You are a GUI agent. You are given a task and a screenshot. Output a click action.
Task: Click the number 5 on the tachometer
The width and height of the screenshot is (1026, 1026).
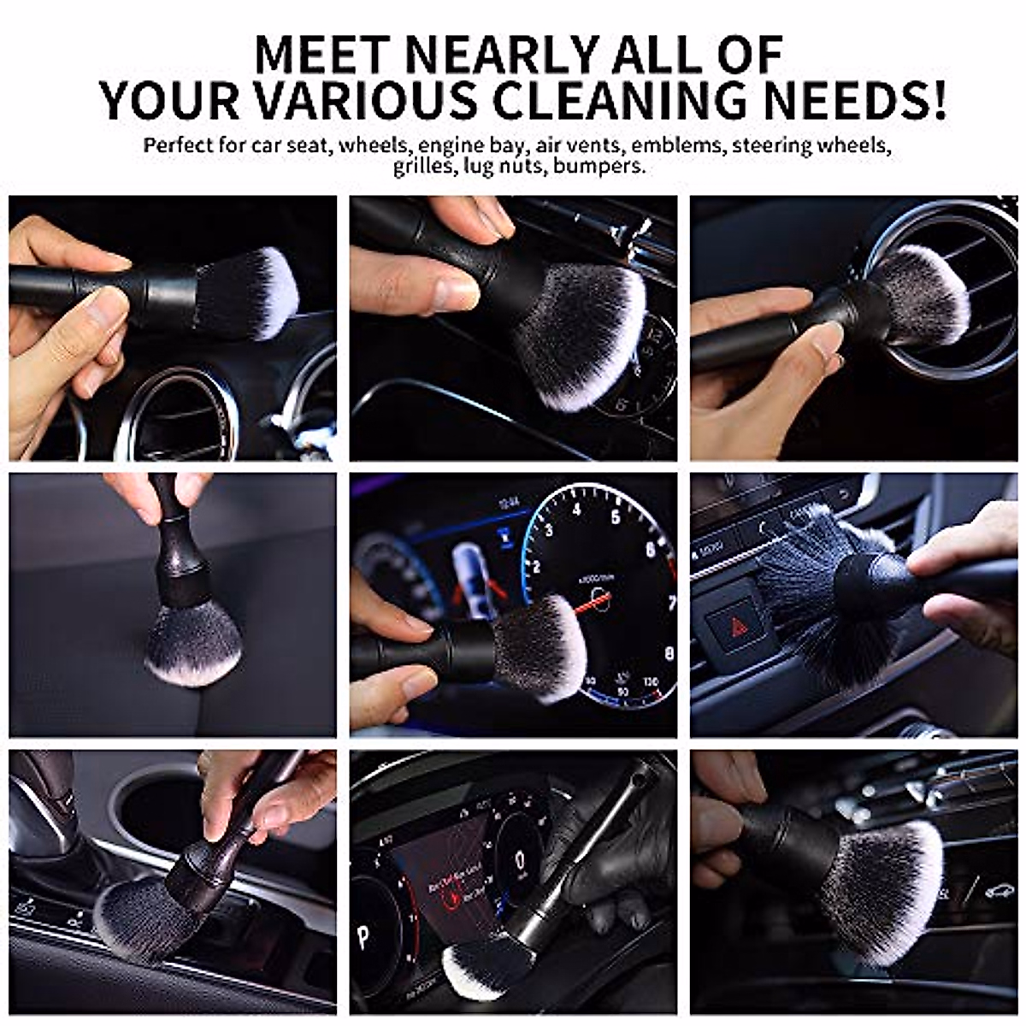(x=616, y=516)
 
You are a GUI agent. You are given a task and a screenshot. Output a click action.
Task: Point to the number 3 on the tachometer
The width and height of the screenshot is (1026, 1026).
(x=548, y=530)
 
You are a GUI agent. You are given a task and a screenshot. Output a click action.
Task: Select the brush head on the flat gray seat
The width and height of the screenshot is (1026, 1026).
(x=192, y=641)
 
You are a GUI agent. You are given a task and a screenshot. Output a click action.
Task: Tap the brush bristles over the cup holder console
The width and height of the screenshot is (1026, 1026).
(x=141, y=919)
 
